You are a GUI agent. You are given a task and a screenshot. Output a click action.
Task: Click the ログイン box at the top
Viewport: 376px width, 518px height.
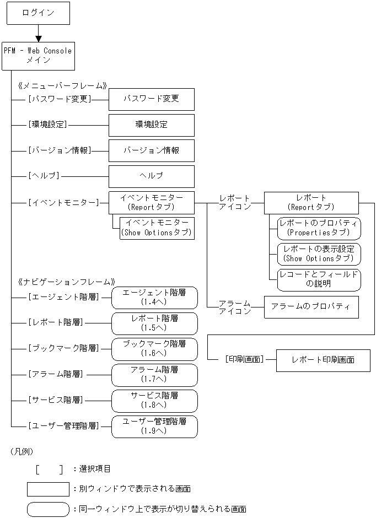point(38,13)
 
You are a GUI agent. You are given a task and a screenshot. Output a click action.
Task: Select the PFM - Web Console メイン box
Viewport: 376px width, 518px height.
point(38,56)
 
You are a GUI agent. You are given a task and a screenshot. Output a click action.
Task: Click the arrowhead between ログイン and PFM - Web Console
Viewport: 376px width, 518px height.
point(38,38)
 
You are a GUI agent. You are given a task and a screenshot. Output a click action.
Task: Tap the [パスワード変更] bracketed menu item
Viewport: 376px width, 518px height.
point(59,99)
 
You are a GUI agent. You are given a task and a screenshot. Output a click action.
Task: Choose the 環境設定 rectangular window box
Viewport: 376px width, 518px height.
point(151,125)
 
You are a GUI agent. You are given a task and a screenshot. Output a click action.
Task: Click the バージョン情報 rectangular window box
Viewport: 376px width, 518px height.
point(151,150)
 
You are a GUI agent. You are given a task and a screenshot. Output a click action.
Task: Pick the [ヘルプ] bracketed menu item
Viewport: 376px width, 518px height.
point(44,176)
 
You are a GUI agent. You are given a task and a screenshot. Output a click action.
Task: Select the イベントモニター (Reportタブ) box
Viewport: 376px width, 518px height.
point(151,202)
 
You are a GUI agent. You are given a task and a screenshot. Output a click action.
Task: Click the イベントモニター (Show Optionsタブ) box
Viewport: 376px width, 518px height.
point(157,228)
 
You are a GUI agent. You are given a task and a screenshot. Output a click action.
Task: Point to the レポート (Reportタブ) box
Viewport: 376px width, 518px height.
point(311,202)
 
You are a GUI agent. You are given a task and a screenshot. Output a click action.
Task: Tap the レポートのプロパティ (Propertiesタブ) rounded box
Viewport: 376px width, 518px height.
point(319,228)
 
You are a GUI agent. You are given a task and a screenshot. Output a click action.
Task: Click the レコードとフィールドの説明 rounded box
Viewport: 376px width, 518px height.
point(319,279)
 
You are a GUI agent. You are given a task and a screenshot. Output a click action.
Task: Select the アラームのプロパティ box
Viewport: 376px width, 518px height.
point(311,307)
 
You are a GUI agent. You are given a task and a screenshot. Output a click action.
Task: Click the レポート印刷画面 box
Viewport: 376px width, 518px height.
point(323,360)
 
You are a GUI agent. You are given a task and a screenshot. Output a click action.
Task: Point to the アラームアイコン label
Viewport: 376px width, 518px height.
point(234,307)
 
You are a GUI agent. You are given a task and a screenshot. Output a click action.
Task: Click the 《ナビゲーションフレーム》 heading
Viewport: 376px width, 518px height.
point(67,281)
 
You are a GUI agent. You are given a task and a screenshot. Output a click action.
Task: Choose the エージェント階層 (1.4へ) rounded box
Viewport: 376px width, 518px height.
point(154,298)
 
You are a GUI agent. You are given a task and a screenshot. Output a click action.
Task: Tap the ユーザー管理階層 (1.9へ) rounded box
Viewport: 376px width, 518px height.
point(154,426)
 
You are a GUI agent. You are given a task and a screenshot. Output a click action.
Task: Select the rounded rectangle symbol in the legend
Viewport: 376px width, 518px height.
point(47,509)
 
